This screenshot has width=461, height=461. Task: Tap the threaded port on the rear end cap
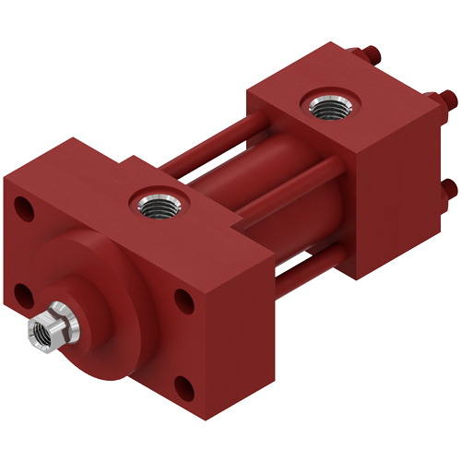tap(325, 107)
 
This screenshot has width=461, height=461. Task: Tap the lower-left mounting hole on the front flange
tap(23, 294)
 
